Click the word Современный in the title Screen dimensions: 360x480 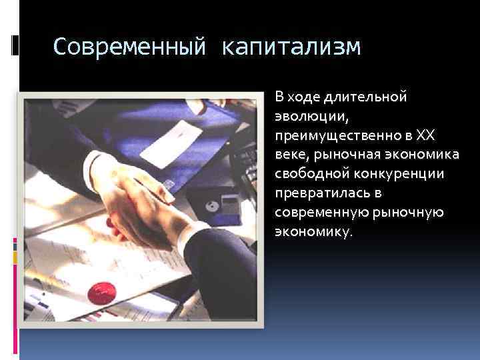(x=130, y=47)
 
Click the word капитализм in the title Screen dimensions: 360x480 (x=291, y=47)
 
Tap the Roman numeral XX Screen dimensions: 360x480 (x=424, y=135)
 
